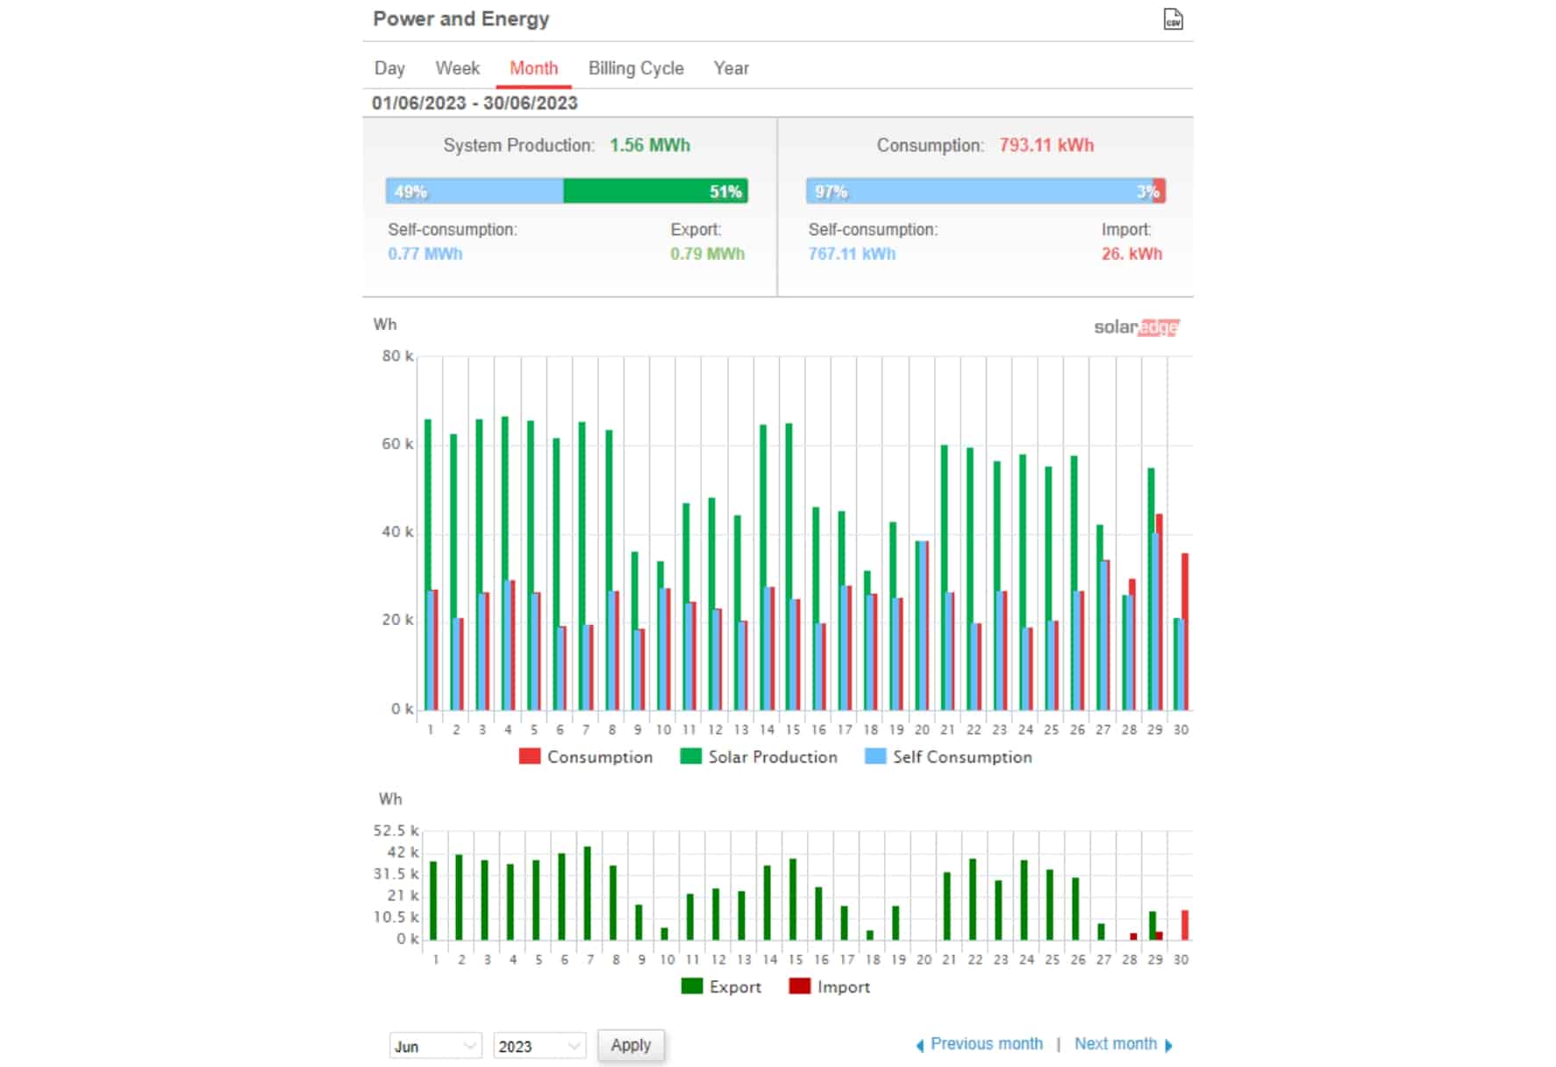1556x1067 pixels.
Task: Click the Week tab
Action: click(457, 68)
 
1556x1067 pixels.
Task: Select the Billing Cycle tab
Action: click(636, 68)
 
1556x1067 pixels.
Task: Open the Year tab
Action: click(731, 68)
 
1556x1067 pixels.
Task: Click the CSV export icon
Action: click(1173, 19)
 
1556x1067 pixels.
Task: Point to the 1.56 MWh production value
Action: click(650, 146)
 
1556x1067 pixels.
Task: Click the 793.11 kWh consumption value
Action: click(1046, 146)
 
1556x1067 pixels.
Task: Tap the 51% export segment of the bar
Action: click(655, 191)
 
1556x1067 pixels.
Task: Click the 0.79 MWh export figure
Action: click(707, 254)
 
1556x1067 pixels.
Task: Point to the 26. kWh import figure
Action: click(1131, 254)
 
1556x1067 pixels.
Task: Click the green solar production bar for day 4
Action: click(505, 563)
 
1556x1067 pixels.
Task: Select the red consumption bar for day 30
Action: click(1185, 632)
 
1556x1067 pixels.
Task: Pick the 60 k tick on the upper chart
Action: click(397, 444)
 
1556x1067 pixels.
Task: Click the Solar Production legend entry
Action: click(759, 756)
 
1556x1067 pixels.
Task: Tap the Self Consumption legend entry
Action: click(948, 756)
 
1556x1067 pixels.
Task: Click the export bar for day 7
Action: click(588, 893)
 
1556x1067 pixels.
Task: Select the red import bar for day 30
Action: click(1185, 925)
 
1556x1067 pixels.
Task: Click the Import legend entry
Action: click(830, 986)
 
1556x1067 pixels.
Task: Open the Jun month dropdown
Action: click(435, 1046)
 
